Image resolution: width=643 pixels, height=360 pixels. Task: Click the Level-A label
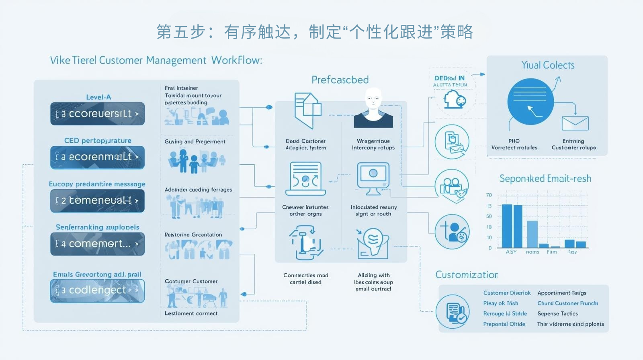pos(98,97)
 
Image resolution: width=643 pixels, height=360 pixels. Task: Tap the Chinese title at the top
pos(314,32)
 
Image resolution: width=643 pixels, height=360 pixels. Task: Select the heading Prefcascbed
pos(340,80)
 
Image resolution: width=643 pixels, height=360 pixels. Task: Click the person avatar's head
pos(373,98)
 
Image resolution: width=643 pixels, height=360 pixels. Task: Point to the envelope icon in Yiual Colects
pos(575,123)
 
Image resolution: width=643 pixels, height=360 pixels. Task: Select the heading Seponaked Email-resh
pos(545,178)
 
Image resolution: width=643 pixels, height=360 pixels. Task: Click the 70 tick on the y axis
pos(489,195)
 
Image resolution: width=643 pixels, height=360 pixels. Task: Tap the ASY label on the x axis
pos(511,252)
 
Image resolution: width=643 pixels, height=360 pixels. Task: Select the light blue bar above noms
pos(532,234)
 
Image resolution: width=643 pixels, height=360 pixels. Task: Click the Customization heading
pos(467,275)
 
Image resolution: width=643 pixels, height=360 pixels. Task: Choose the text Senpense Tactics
pos(557,313)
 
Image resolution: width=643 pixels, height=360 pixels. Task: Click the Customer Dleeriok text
pos(507,293)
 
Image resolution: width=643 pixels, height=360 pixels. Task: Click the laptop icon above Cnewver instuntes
pos(306,179)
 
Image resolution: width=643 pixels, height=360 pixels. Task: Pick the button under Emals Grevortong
pos(97,290)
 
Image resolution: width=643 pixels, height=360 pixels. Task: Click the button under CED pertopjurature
pos(97,157)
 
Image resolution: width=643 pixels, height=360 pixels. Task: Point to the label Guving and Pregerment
pos(195,141)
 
